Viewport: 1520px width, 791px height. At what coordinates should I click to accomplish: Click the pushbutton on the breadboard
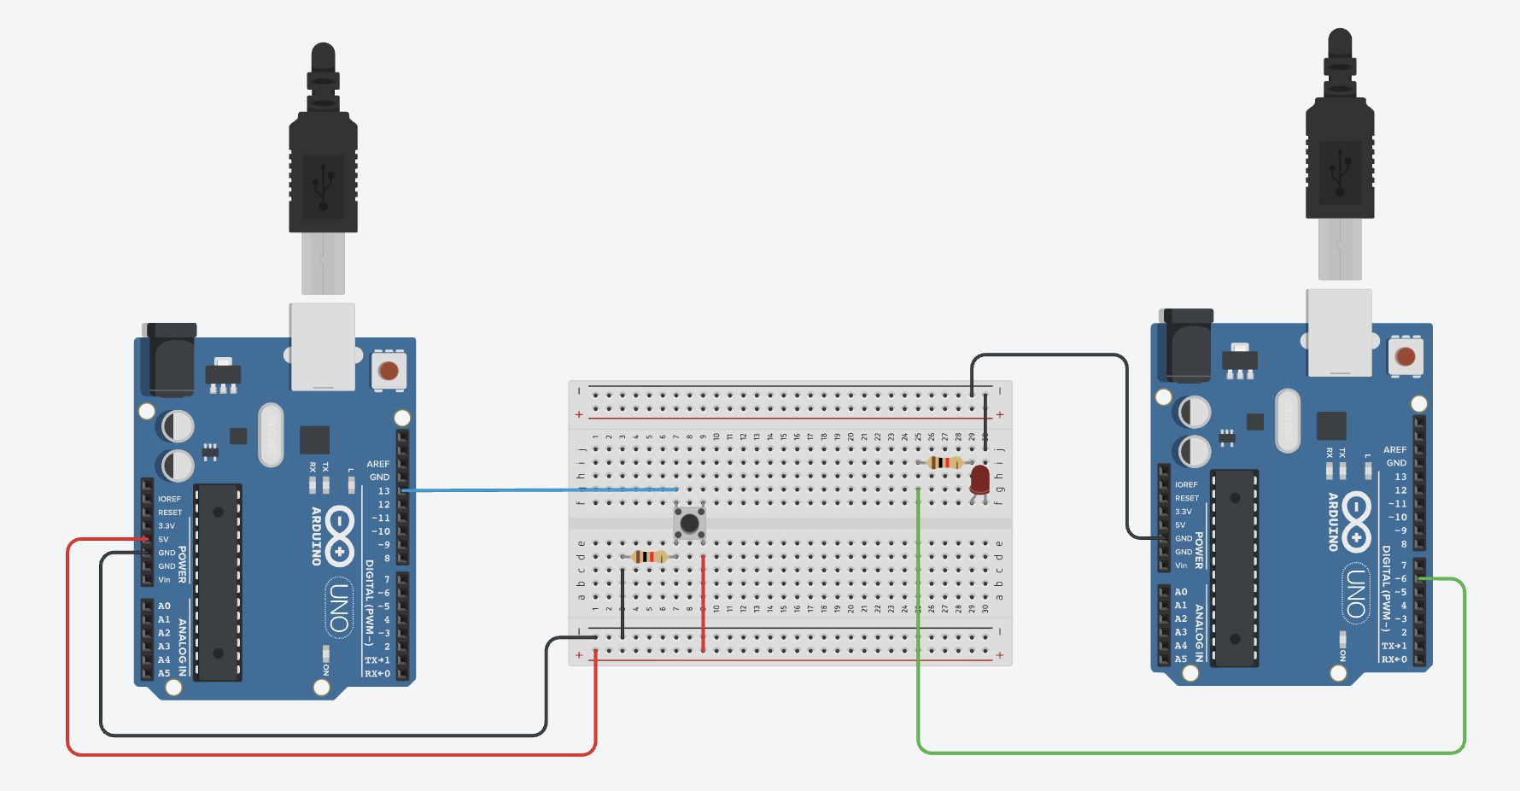(x=689, y=523)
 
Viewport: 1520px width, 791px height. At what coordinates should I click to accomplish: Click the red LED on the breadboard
(x=979, y=480)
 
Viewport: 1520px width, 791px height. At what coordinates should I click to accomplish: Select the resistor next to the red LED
(x=944, y=463)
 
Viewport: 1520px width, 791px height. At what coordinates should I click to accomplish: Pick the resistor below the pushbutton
(x=650, y=557)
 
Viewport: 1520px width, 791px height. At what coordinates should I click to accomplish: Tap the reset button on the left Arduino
(x=389, y=371)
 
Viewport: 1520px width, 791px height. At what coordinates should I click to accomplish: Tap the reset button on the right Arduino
(x=1406, y=356)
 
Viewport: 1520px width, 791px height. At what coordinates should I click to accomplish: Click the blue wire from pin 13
(x=538, y=490)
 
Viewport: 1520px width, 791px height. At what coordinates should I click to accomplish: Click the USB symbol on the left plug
(x=323, y=182)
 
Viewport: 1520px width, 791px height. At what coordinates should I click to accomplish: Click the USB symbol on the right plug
(x=1340, y=168)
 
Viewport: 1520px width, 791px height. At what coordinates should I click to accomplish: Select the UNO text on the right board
(x=1356, y=594)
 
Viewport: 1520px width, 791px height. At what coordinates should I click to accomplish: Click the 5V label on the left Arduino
(x=163, y=540)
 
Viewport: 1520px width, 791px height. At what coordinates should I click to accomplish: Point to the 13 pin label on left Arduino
(x=383, y=491)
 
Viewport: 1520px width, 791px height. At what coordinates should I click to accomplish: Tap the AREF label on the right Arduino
(x=1394, y=449)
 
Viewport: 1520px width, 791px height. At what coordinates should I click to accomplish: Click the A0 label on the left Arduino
(x=164, y=606)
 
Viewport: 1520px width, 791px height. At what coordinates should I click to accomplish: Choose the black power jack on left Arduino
(x=172, y=359)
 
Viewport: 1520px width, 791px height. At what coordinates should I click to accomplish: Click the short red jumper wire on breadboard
(x=703, y=602)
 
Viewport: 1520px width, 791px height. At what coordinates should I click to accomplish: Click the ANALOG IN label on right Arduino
(x=1199, y=633)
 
